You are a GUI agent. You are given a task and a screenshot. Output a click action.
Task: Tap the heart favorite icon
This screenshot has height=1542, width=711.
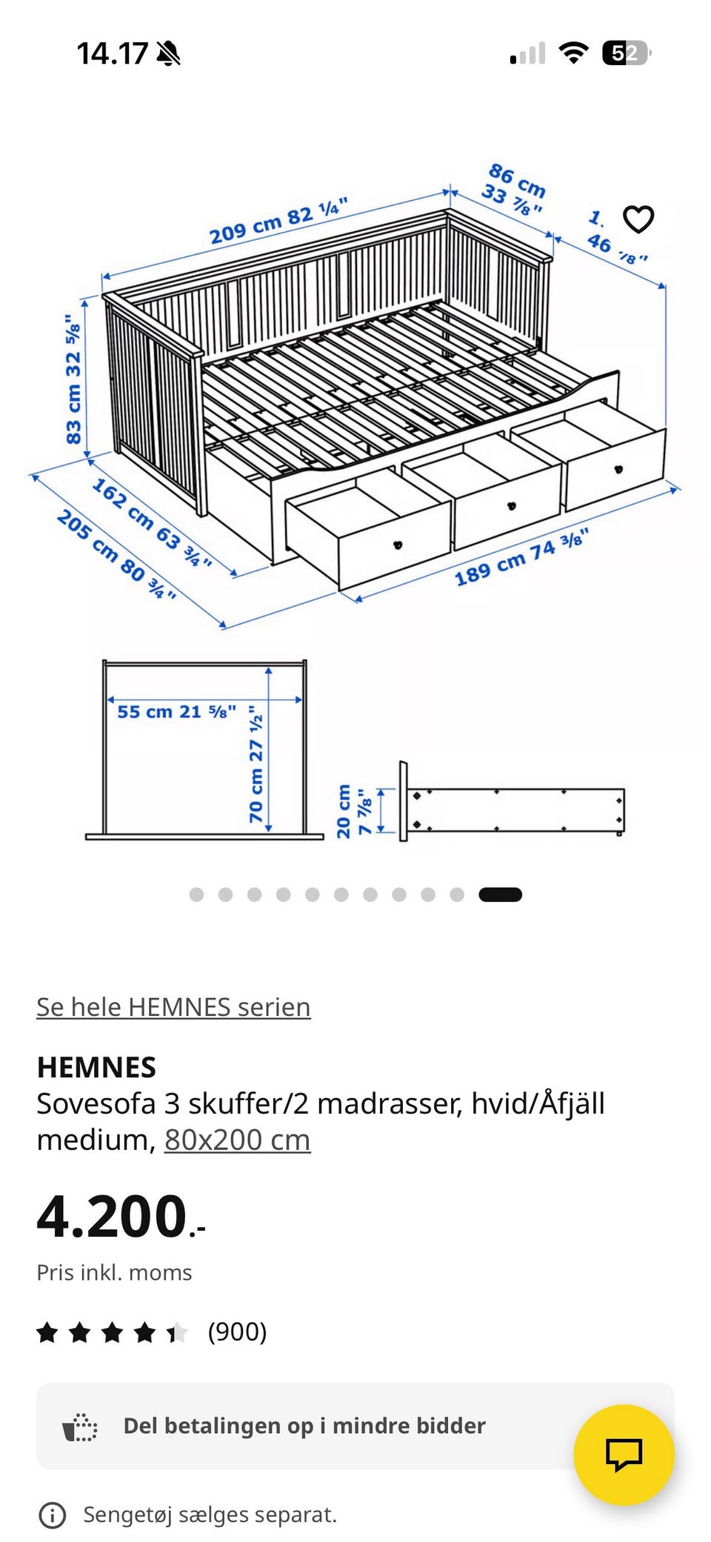[638, 219]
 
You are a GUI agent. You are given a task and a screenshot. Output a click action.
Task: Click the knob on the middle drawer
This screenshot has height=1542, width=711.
[510, 506]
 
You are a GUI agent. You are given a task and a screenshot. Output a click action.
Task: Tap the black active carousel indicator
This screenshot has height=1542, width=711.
[500, 894]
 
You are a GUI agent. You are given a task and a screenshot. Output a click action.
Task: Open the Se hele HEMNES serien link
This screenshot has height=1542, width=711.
[173, 1007]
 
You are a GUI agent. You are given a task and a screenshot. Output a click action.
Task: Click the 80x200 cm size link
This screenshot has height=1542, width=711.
[237, 1140]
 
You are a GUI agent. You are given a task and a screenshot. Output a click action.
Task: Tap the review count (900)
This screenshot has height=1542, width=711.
[237, 1332]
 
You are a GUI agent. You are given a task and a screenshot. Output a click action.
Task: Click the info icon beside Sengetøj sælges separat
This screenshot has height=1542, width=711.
[52, 1515]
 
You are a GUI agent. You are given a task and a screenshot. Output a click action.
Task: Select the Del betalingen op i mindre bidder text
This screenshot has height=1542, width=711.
[304, 1426]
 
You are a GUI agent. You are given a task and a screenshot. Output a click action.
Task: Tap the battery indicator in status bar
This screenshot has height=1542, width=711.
[626, 53]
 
